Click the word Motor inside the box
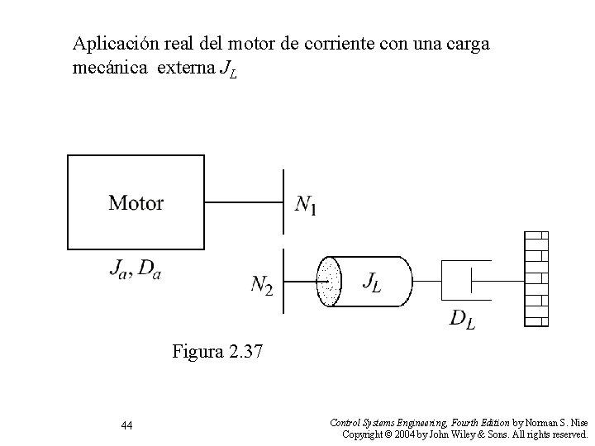[136, 202]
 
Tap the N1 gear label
[306, 204]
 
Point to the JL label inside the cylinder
[372, 281]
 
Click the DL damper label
[462, 320]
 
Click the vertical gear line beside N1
[283, 203]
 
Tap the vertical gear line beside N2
[283, 281]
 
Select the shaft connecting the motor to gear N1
[244, 202]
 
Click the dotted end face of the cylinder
[329, 281]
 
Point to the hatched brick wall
[536, 278]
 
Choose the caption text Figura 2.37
[217, 353]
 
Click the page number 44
[126, 425]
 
